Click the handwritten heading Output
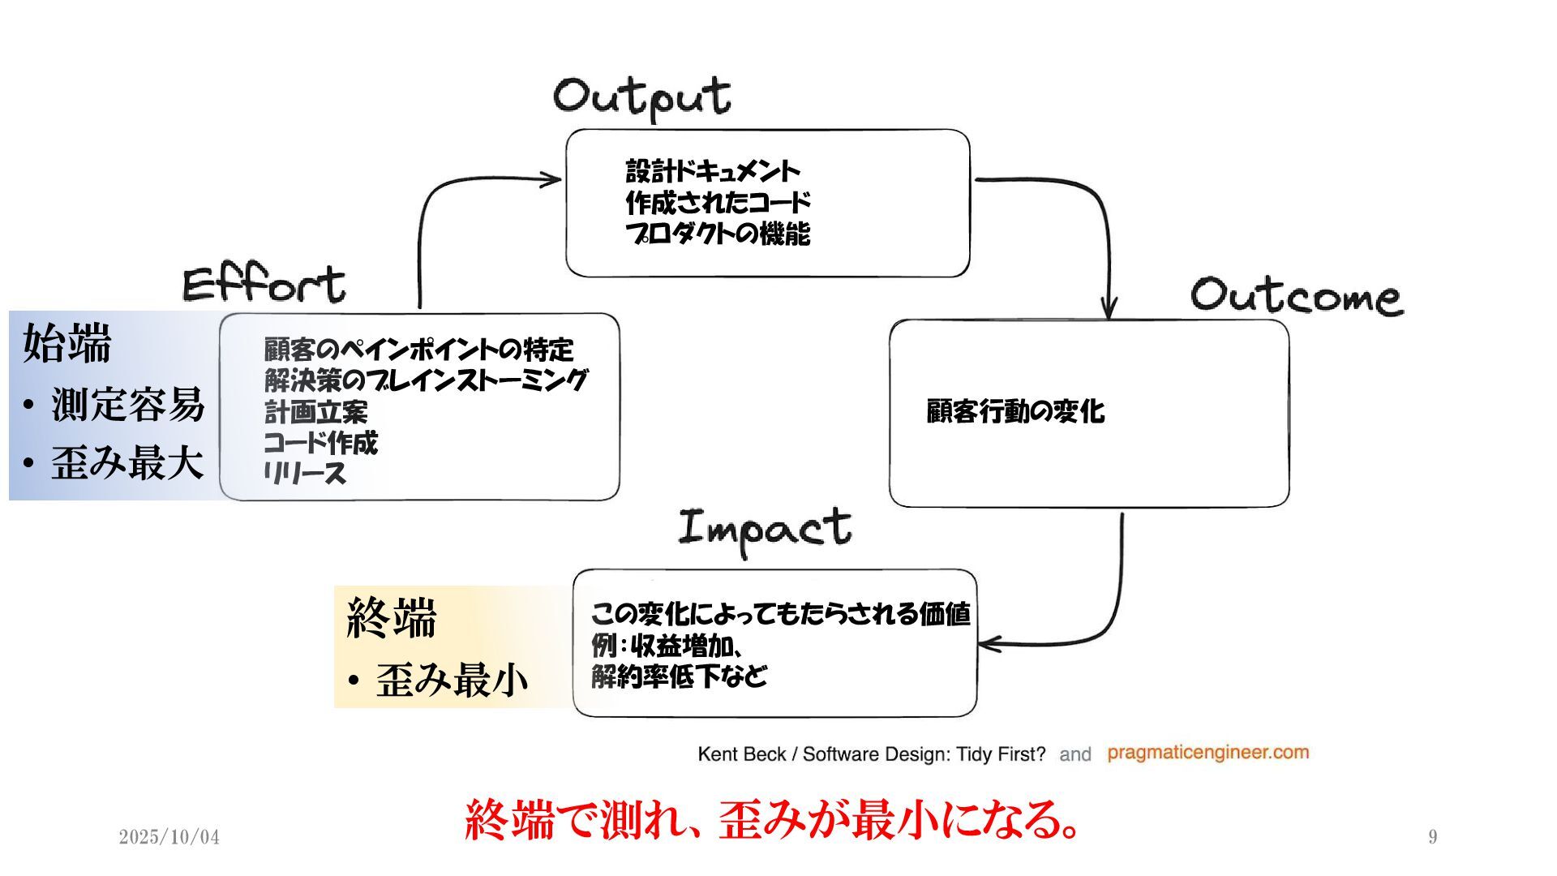(x=641, y=97)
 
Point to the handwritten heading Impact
(x=765, y=529)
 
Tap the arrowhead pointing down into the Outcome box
(x=1109, y=309)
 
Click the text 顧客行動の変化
(x=1015, y=411)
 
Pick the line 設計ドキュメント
(x=712, y=171)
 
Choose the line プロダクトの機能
(x=717, y=234)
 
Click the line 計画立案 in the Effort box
(x=315, y=412)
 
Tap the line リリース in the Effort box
(x=305, y=473)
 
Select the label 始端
(x=66, y=344)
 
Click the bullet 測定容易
(x=127, y=404)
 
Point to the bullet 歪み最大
(x=127, y=463)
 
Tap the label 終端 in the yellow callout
(x=392, y=618)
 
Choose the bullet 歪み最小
(x=452, y=680)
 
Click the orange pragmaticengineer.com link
(x=1207, y=753)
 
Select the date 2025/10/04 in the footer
(x=169, y=837)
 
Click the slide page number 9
(x=1433, y=837)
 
